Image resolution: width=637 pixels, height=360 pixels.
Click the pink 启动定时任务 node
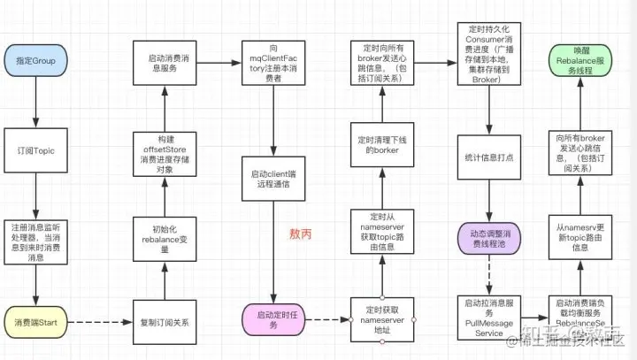272,318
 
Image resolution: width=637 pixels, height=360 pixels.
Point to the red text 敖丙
302,234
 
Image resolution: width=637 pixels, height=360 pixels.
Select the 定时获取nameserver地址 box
383,317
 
